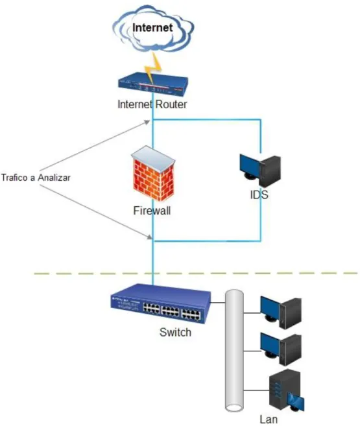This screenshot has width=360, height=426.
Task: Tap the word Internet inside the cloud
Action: [x=152, y=27]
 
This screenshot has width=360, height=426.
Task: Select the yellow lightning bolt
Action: [x=152, y=68]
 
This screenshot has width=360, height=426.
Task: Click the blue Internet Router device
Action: [x=153, y=84]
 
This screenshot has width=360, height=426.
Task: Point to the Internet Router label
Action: [x=152, y=104]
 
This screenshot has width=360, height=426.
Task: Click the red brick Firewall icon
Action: [x=153, y=174]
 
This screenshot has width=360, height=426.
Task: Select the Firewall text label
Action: [x=152, y=211]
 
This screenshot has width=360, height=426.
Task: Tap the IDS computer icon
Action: [x=260, y=171]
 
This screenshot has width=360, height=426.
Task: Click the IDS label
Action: [x=259, y=195]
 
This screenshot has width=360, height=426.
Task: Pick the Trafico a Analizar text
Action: [x=36, y=178]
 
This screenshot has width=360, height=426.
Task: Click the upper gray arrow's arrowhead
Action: [x=147, y=123]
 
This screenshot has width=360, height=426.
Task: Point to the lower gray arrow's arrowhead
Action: [x=149, y=237]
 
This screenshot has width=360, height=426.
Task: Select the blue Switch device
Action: [x=161, y=303]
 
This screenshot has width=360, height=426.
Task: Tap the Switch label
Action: [x=175, y=332]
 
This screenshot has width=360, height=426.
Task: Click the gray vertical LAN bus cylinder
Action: [x=234, y=351]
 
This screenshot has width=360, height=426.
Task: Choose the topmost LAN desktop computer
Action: [x=281, y=313]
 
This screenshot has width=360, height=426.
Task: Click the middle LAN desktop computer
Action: [x=281, y=349]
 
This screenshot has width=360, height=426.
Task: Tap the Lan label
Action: [x=269, y=420]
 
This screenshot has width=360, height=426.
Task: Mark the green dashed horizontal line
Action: [x=196, y=273]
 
